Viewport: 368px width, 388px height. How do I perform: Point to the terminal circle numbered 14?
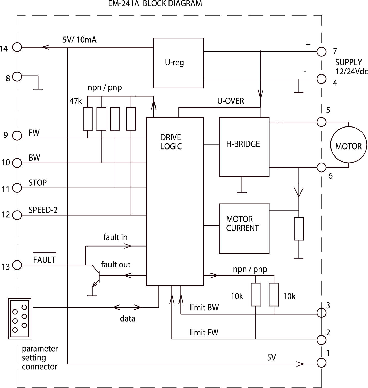17,47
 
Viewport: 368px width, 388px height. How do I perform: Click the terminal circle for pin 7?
321,52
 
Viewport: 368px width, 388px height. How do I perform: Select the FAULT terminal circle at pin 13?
17,265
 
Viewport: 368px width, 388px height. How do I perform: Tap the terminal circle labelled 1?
321,363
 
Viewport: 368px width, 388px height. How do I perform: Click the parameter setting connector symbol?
20,318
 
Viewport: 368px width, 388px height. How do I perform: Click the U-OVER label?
230,101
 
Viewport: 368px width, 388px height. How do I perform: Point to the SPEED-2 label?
43,210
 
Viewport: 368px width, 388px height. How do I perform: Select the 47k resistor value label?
76,101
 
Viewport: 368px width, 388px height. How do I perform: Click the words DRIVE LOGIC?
171,142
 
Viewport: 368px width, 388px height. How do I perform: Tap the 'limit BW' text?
204,308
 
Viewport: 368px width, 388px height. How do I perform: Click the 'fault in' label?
115,237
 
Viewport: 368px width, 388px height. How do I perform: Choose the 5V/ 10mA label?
79,40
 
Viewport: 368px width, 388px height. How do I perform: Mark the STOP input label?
38,183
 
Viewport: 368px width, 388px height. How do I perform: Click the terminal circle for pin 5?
321,122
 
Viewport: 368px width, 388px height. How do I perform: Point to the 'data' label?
127,319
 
